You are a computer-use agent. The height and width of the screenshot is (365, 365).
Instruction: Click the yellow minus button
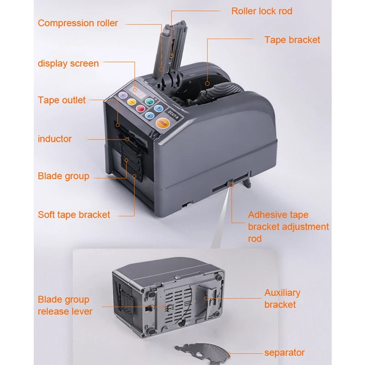(x=131, y=102)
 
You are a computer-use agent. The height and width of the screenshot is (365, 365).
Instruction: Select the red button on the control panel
(x=140, y=109)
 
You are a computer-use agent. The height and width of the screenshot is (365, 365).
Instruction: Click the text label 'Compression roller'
(x=78, y=23)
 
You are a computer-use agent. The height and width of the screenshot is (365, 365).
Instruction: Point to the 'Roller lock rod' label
(x=262, y=11)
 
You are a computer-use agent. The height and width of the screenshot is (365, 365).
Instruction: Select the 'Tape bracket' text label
(x=292, y=40)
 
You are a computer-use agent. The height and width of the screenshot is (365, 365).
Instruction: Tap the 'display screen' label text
(x=68, y=63)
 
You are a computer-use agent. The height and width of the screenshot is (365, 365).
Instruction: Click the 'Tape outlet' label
(x=62, y=100)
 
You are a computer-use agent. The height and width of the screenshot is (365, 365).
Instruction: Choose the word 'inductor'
(x=55, y=139)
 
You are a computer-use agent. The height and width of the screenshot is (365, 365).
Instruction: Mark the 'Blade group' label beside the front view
(x=63, y=176)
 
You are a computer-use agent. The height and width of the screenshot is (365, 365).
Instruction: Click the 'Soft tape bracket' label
(x=74, y=214)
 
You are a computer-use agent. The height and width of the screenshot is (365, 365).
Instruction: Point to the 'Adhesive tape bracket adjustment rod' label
(x=288, y=226)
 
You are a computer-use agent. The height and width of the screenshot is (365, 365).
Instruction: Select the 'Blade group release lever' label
(x=65, y=306)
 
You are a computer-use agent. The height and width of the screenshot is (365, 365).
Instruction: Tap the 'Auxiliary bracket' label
(x=282, y=298)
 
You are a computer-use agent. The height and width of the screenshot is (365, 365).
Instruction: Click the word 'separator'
(x=284, y=352)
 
